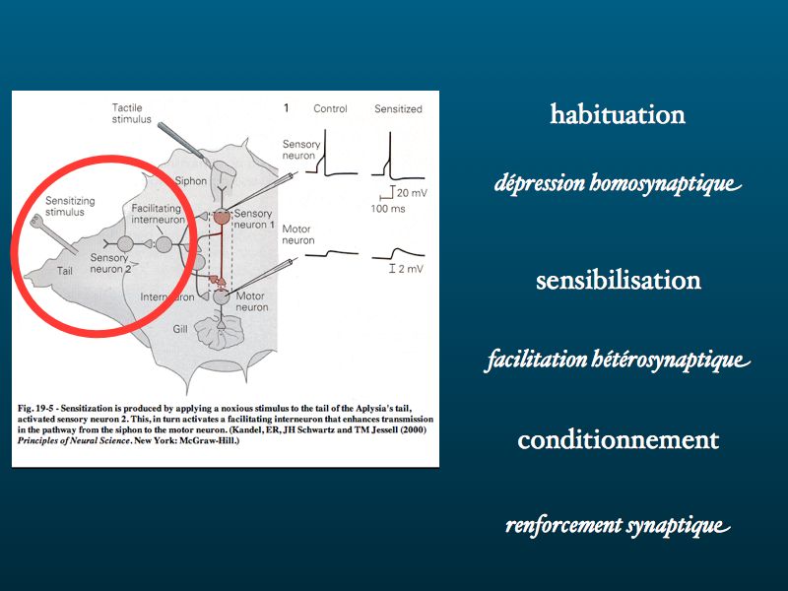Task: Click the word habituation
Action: click(618, 114)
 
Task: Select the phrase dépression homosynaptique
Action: click(618, 183)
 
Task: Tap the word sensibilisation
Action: click(619, 281)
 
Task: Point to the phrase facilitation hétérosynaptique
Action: click(618, 360)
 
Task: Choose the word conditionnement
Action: click(619, 439)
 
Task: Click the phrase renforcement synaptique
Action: click(618, 526)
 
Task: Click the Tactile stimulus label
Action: click(131, 113)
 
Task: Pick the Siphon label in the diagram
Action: click(190, 181)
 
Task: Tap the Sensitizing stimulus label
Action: click(70, 206)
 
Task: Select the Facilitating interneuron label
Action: click(158, 214)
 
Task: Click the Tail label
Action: click(65, 271)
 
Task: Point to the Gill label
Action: click(180, 329)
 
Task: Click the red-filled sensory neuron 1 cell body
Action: click(222, 217)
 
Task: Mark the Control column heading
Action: click(330, 108)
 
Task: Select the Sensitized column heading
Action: click(398, 108)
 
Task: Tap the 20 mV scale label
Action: click(412, 193)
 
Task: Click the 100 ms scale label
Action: click(388, 209)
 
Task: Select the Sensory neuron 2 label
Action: click(110, 263)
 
